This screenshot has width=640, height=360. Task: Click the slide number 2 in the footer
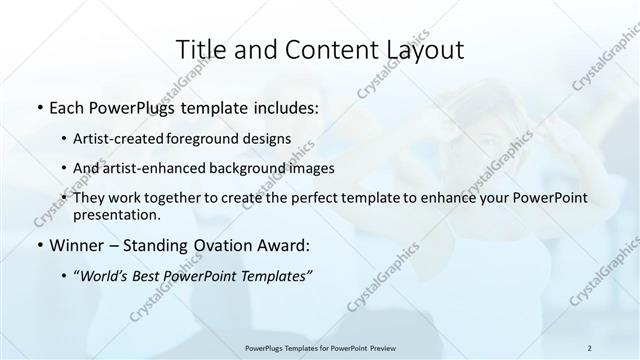point(590,348)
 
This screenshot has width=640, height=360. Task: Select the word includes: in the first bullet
point(284,106)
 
